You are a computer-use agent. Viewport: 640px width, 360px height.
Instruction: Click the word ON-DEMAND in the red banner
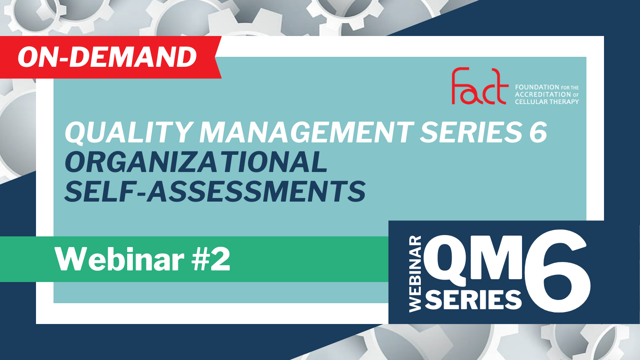coord(107,57)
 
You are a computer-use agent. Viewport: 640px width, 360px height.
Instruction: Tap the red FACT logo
coord(480,86)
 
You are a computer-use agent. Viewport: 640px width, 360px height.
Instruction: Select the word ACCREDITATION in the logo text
coord(543,94)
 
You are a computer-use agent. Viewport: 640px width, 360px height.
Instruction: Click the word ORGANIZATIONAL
coord(196,162)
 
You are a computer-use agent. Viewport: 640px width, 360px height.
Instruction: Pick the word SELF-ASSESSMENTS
coord(215,192)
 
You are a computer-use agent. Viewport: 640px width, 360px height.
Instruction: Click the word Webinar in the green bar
coord(120,260)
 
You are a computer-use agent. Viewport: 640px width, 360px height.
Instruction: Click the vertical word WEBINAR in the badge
coord(415,274)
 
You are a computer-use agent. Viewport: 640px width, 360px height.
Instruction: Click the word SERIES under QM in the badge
coord(473,300)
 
